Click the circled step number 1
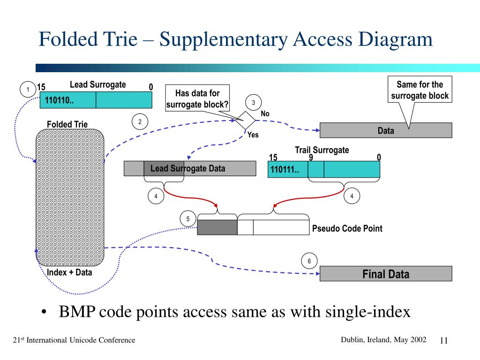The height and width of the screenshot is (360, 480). click(x=28, y=90)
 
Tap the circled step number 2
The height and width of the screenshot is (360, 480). click(x=140, y=121)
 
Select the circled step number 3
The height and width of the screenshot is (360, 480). click(x=254, y=103)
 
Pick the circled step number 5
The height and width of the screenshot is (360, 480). click(x=188, y=218)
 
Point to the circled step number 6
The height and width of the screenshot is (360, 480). click(x=309, y=261)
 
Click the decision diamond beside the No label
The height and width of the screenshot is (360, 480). click(x=245, y=120)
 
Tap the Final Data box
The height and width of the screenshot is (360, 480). click(x=386, y=274)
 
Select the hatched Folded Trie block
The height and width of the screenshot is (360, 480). click(x=70, y=197)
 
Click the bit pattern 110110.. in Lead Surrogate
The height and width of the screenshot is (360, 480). click(x=59, y=100)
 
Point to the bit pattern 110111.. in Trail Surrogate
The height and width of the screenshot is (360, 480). click(x=285, y=169)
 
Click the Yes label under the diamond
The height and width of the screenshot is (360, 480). click(x=253, y=135)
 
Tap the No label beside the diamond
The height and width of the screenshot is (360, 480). click(x=265, y=113)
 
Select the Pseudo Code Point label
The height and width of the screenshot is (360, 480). click(x=347, y=228)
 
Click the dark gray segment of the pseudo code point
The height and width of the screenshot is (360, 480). click(x=217, y=227)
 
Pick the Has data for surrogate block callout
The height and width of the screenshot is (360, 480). click(x=197, y=98)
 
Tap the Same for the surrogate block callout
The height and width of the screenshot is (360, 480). click(x=420, y=90)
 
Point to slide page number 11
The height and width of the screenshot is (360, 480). click(x=443, y=340)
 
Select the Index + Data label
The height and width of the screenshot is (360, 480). click(x=69, y=272)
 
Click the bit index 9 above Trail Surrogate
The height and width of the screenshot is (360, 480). click(x=311, y=157)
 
